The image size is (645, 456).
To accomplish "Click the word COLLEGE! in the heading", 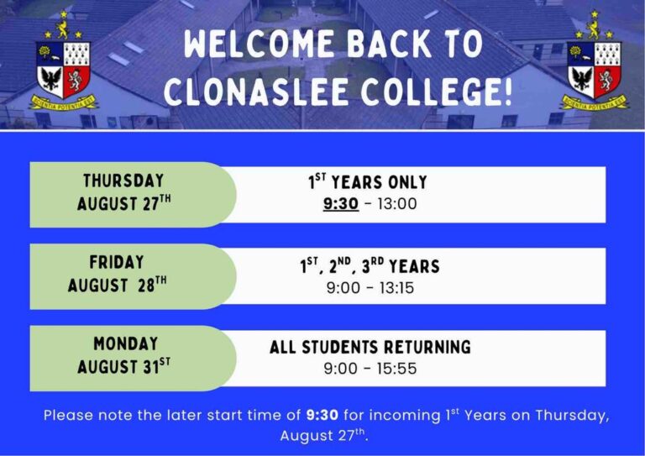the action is (x=437, y=91).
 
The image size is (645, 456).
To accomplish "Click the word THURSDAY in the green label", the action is (x=123, y=181).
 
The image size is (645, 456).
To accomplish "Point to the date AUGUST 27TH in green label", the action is (x=123, y=203).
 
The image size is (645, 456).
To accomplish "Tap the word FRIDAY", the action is (x=117, y=262).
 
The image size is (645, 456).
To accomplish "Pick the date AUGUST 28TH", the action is (x=118, y=285).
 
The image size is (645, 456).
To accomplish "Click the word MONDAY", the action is (x=126, y=343).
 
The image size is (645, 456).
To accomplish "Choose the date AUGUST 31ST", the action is (x=123, y=366).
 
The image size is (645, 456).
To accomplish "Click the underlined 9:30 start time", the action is (x=341, y=203).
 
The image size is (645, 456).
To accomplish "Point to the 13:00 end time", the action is (x=397, y=203).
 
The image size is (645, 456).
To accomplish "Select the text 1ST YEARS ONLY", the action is (x=368, y=182).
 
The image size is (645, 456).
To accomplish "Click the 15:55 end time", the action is (x=396, y=368).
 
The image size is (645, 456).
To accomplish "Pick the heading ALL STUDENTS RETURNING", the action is (x=370, y=347).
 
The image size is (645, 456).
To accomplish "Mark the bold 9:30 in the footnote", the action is (x=322, y=416).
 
